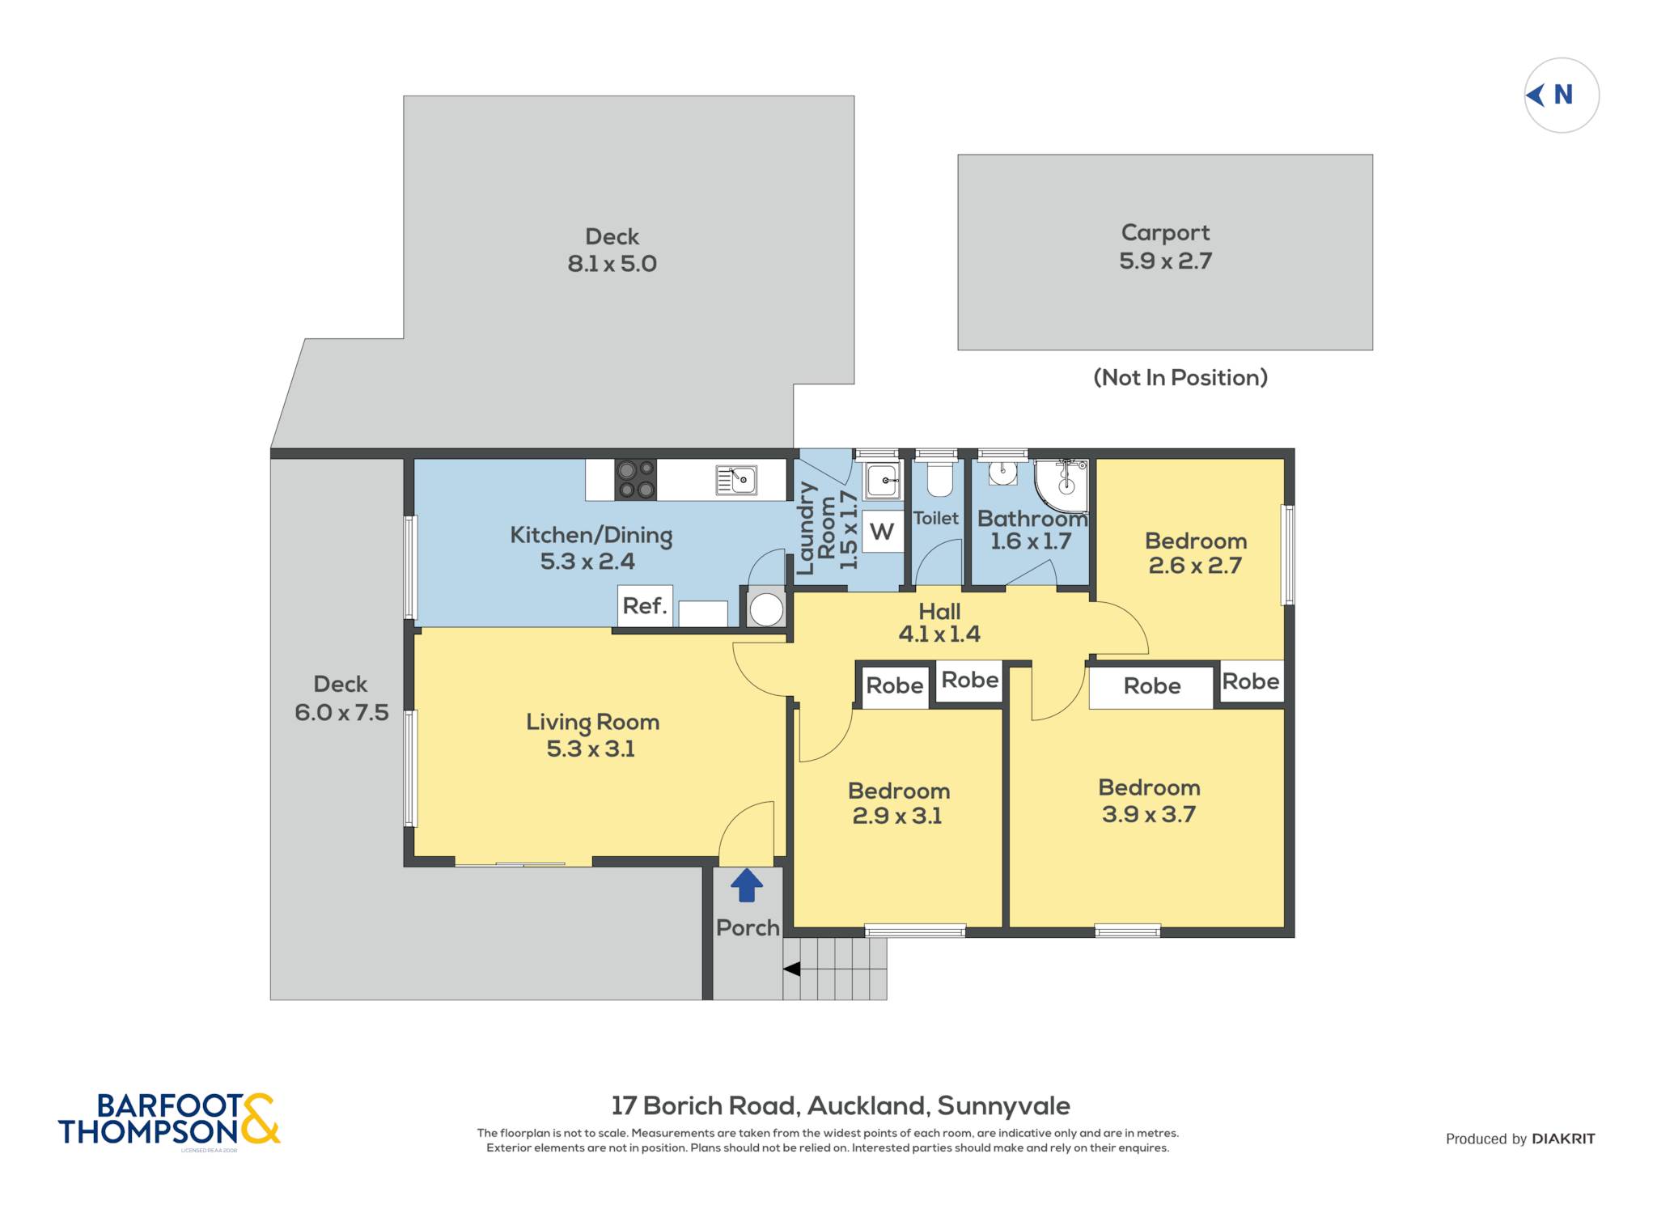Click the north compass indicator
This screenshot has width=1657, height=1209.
click(x=1562, y=95)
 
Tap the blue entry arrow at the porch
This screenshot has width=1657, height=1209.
click(x=746, y=885)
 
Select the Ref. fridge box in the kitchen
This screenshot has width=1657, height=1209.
click(x=645, y=605)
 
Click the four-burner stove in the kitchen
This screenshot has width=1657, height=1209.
click(x=635, y=480)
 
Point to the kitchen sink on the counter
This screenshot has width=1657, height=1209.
click(x=736, y=480)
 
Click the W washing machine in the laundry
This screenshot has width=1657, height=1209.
click(x=882, y=532)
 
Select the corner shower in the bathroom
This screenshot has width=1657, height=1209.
click(x=1062, y=486)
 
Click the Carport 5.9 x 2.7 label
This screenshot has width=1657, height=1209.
click(x=1165, y=247)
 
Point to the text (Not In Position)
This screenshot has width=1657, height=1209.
click(x=1180, y=377)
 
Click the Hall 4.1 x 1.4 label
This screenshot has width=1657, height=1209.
click(x=939, y=622)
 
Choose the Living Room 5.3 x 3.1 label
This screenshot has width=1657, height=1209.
click(x=592, y=735)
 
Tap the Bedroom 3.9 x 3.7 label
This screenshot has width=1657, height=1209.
click(x=1149, y=800)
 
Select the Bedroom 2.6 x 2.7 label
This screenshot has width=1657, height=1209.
click(x=1196, y=553)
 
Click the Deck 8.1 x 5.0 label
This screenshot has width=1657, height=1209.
click(x=612, y=250)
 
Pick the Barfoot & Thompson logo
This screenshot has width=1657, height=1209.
click(x=169, y=1120)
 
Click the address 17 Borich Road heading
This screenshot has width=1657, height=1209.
click(x=841, y=1105)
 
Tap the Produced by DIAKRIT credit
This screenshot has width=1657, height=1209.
click(x=1520, y=1139)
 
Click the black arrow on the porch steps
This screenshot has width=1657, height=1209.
click(x=791, y=969)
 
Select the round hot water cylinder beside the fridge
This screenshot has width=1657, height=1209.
click(x=765, y=609)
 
